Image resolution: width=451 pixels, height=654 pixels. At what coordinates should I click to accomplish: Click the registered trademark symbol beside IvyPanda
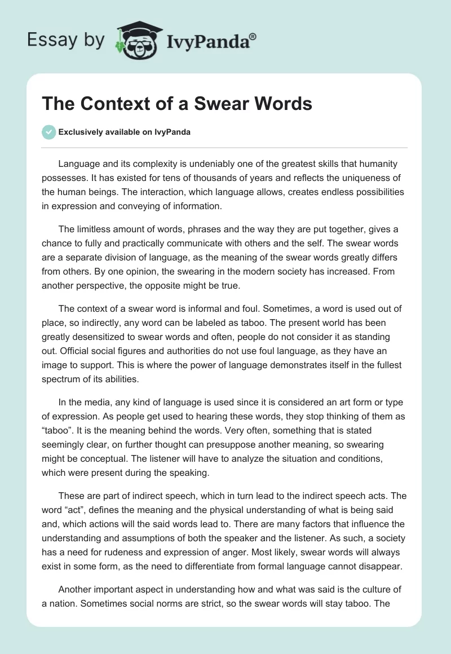coord(253,37)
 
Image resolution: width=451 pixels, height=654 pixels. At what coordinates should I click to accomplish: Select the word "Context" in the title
coord(107,104)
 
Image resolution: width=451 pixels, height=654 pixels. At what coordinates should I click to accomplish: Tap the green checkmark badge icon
coord(48,132)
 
